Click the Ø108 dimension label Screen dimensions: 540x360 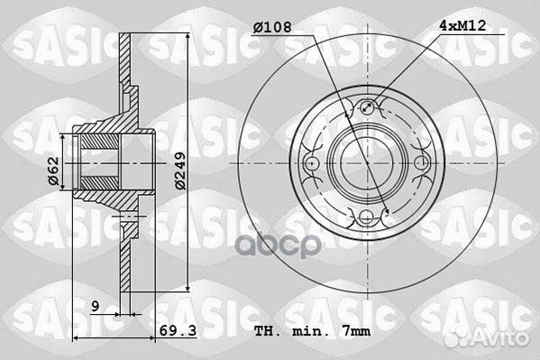point(272,27)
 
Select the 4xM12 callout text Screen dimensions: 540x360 point(462,25)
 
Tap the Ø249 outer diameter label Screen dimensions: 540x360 point(180,171)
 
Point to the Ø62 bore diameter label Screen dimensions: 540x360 point(53,171)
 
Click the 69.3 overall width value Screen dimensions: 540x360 point(178,330)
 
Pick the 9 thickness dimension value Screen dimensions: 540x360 point(96,306)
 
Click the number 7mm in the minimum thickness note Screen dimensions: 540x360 point(357,331)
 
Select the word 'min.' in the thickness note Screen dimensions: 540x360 point(307,331)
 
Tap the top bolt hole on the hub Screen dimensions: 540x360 point(367,107)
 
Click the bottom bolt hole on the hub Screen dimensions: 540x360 point(366,217)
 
